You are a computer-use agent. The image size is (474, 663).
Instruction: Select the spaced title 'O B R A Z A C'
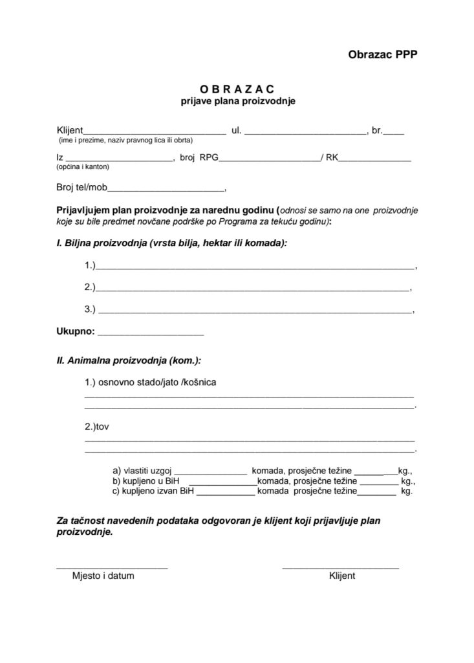tap(237, 89)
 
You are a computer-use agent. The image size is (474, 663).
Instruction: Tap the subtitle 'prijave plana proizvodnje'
tap(237, 101)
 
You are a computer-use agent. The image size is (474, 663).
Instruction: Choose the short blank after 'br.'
tap(394, 132)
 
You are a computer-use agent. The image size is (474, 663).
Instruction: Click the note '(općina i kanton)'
tap(83, 167)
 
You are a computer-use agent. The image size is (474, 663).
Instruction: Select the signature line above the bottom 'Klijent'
tap(341, 567)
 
